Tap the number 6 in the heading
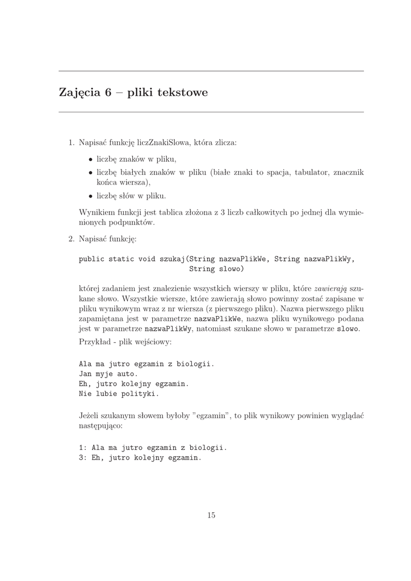coord(107,91)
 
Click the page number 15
coord(211,515)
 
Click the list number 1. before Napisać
coord(72,142)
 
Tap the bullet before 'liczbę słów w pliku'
coord(90,196)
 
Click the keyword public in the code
coord(91,259)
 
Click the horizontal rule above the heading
coord(211,71)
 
